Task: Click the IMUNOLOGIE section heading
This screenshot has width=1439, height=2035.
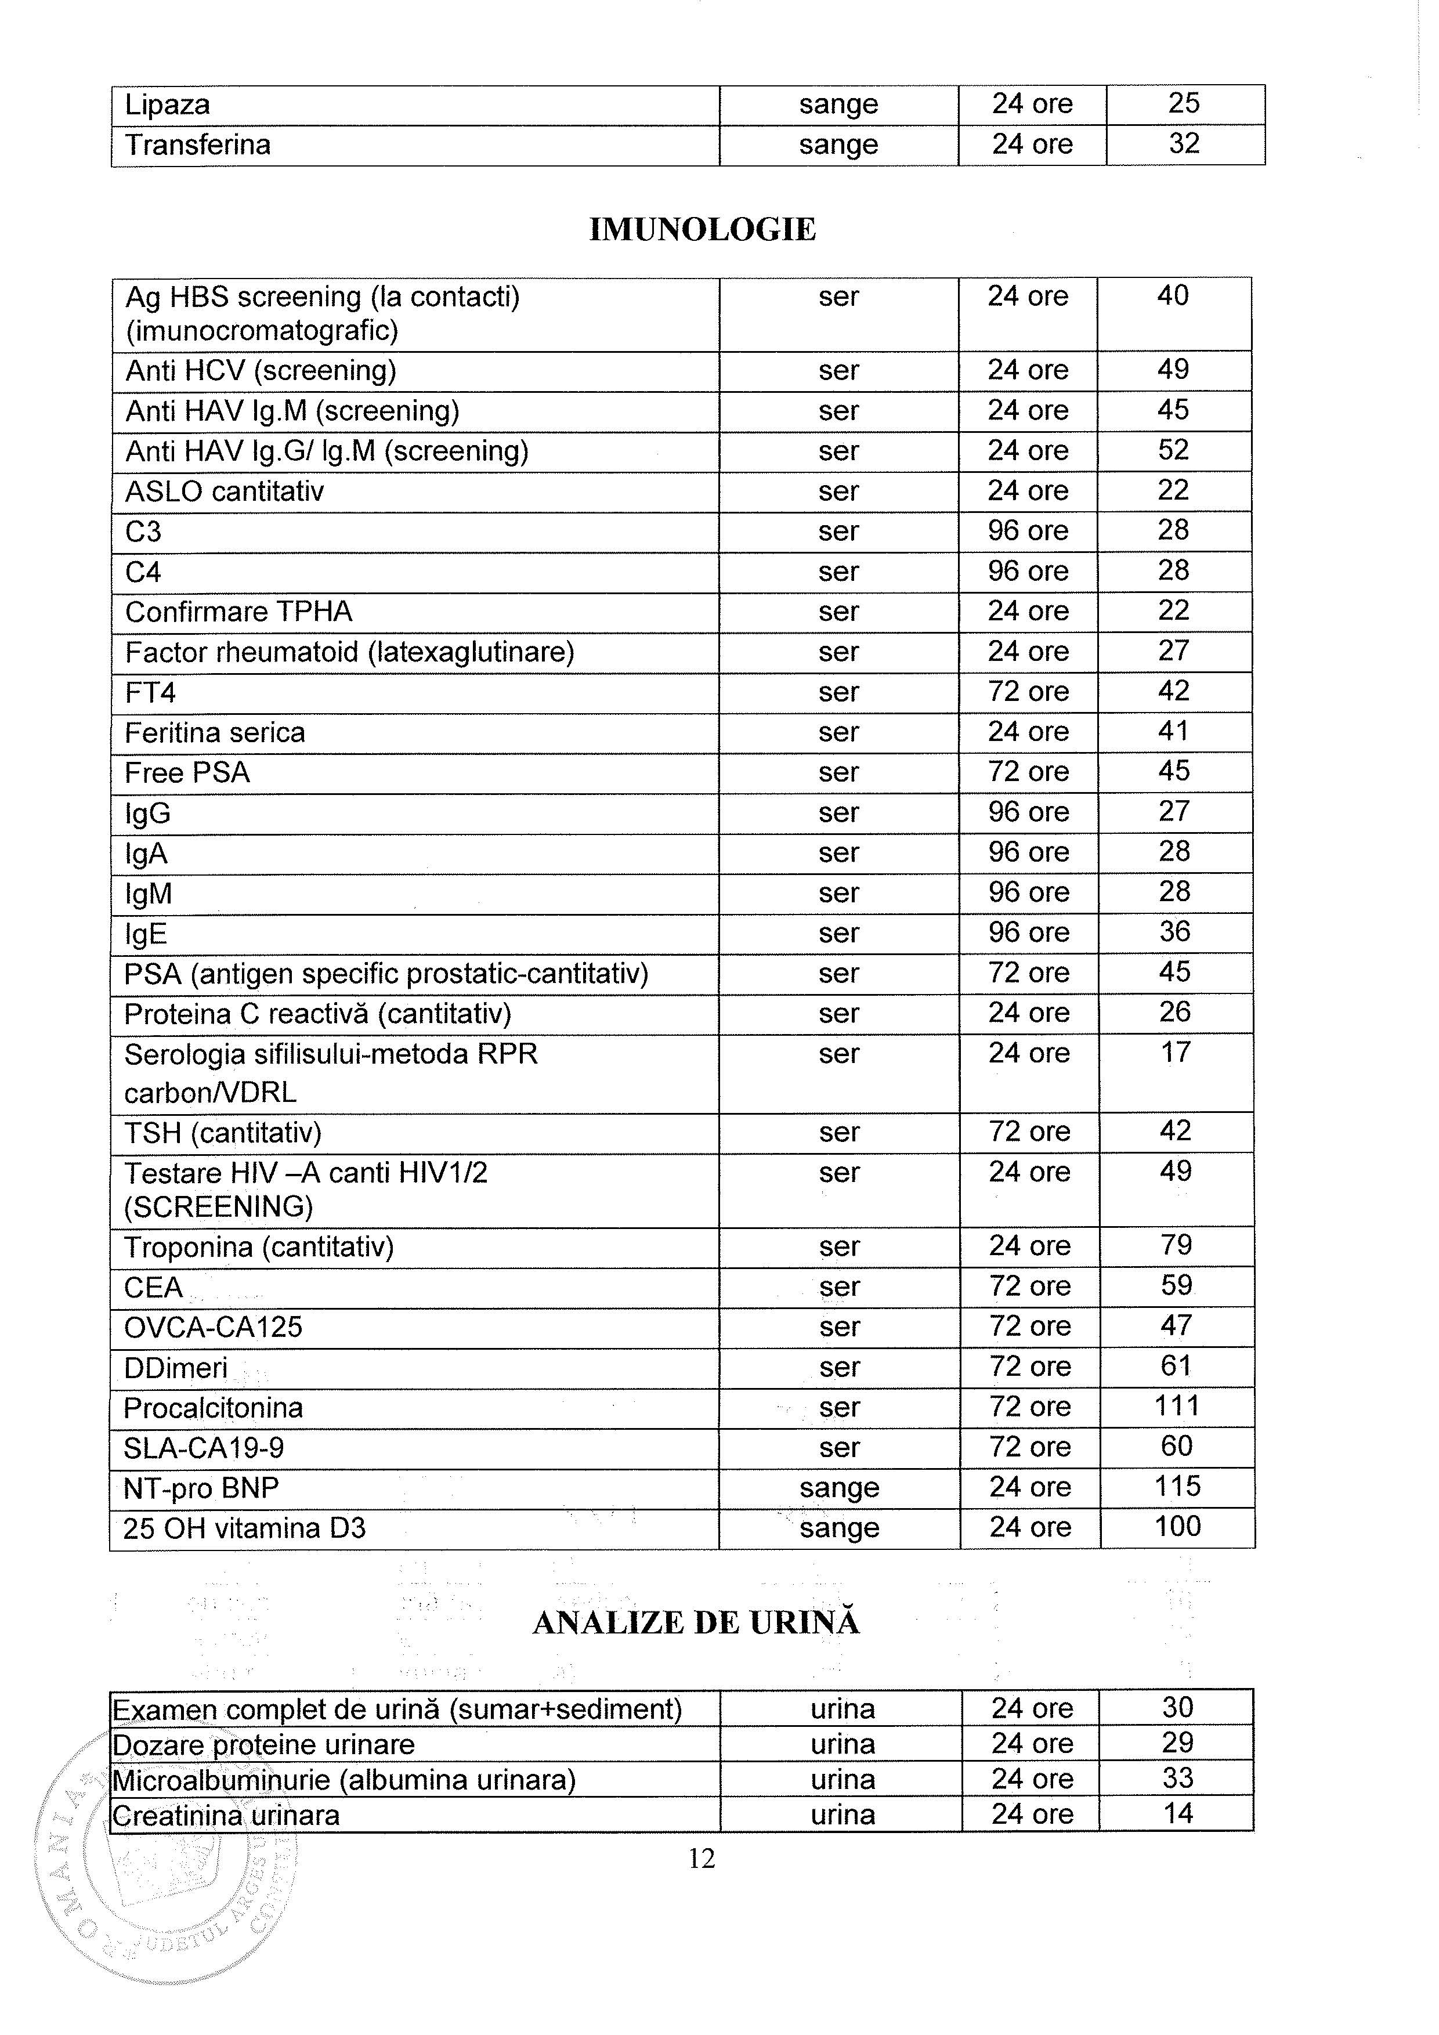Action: click(702, 230)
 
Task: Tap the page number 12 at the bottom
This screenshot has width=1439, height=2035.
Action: click(701, 1860)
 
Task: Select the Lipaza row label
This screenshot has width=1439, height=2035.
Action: click(168, 106)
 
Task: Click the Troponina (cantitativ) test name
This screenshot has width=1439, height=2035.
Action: click(259, 1248)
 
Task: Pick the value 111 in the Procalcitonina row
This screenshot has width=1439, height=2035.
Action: click(1177, 1407)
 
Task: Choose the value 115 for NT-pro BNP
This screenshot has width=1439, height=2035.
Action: click(1177, 1487)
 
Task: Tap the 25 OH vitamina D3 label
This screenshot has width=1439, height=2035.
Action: click(244, 1528)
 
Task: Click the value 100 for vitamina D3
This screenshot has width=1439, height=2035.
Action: click(1177, 1526)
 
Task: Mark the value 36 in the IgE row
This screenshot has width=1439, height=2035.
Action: click(1174, 931)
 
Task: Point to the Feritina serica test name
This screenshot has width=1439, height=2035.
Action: click(215, 733)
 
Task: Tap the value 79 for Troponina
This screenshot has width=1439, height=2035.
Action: click(1176, 1245)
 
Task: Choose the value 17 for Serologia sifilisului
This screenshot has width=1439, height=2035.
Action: click(1175, 1053)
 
